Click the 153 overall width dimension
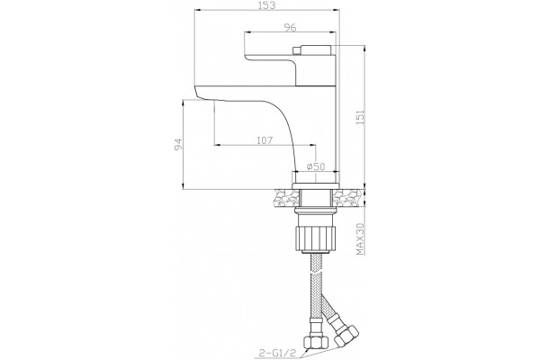coord(267,5)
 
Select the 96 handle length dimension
coord(290,27)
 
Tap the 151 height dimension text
coord(359,118)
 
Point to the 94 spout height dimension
coord(178,144)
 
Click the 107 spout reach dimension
coord(265,140)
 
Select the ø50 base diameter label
coord(316,166)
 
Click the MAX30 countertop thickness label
coord(359,238)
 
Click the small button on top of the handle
coord(296,50)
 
